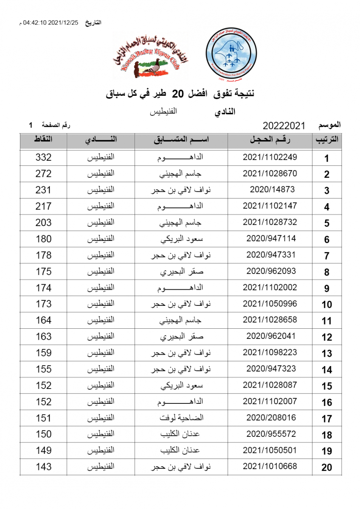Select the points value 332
tap(43, 157)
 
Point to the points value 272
tap(43, 173)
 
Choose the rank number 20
tap(326, 467)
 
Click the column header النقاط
tap(43, 140)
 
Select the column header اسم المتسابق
tap(181, 140)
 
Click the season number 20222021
tap(284, 126)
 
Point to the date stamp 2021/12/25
tap(64, 22)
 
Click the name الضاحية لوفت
tap(181, 418)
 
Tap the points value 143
tap(43, 467)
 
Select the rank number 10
tap(326, 305)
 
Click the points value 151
tap(43, 418)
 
